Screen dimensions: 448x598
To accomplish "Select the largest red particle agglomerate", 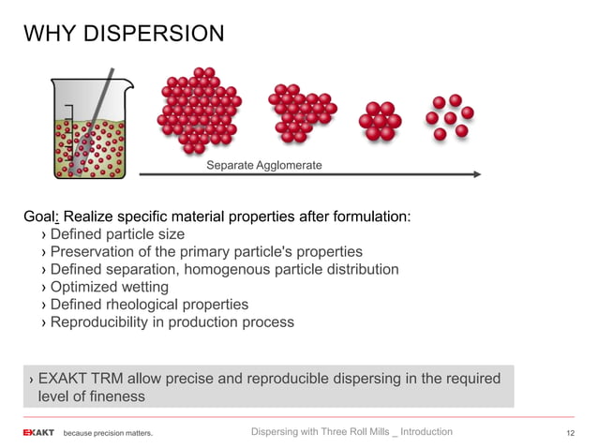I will pos(199,110).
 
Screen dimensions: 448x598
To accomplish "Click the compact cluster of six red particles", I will pos(381,121).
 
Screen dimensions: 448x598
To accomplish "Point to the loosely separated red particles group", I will pos(449,116).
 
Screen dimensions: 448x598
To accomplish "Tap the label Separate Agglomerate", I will pos(263,165).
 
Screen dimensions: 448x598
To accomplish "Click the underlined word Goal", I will pos(40,217).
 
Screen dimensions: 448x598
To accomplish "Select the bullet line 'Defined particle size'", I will pos(117,234).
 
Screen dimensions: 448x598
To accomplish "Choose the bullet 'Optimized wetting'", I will pos(109,287).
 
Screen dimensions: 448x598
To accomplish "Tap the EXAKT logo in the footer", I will pos(38,432).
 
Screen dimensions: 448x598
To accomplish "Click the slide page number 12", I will pos(569,432).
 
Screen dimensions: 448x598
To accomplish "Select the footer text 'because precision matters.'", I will pos(107,433).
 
